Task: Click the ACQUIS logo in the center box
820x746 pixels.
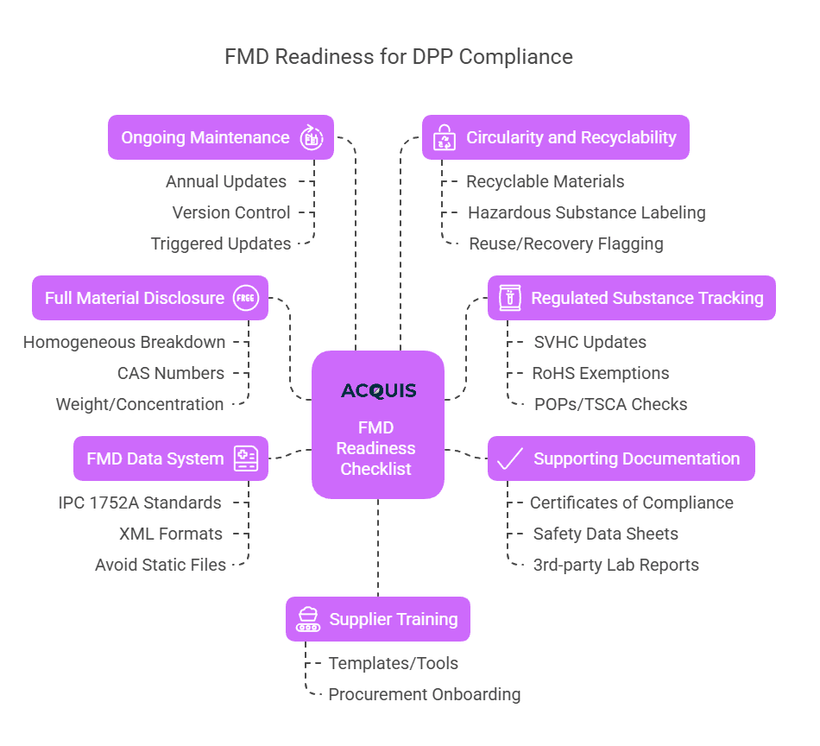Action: [378, 391]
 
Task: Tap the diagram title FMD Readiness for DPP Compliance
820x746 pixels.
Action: [398, 57]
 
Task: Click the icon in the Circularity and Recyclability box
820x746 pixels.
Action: [444, 137]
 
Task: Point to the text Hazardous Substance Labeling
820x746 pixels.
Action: [586, 212]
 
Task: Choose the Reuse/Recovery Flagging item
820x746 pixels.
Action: [565, 243]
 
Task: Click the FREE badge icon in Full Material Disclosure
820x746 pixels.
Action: [245, 298]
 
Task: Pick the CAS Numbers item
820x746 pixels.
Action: [171, 373]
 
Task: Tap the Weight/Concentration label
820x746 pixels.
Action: [140, 404]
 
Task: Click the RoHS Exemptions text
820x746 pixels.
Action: [601, 373]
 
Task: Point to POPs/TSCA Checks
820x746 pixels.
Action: [610, 404]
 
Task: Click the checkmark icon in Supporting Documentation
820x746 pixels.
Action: [509, 458]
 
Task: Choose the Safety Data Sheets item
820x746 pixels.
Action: [605, 534]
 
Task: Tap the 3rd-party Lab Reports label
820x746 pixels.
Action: [615, 565]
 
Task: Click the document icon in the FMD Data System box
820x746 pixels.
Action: [245, 458]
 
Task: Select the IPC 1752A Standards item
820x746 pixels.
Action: [140, 503]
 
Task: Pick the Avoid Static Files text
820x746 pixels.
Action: [161, 565]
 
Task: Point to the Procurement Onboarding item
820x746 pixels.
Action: [424, 694]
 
